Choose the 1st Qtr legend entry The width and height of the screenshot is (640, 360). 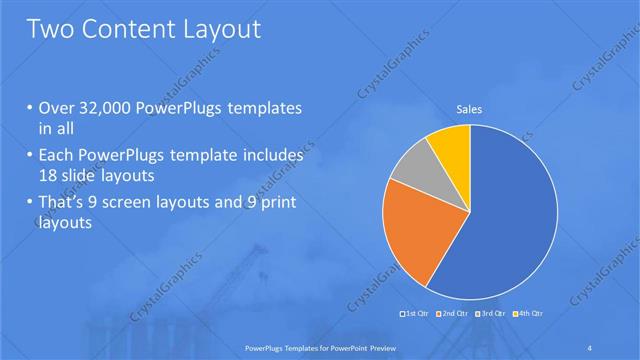(x=417, y=313)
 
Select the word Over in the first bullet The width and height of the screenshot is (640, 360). (x=56, y=108)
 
